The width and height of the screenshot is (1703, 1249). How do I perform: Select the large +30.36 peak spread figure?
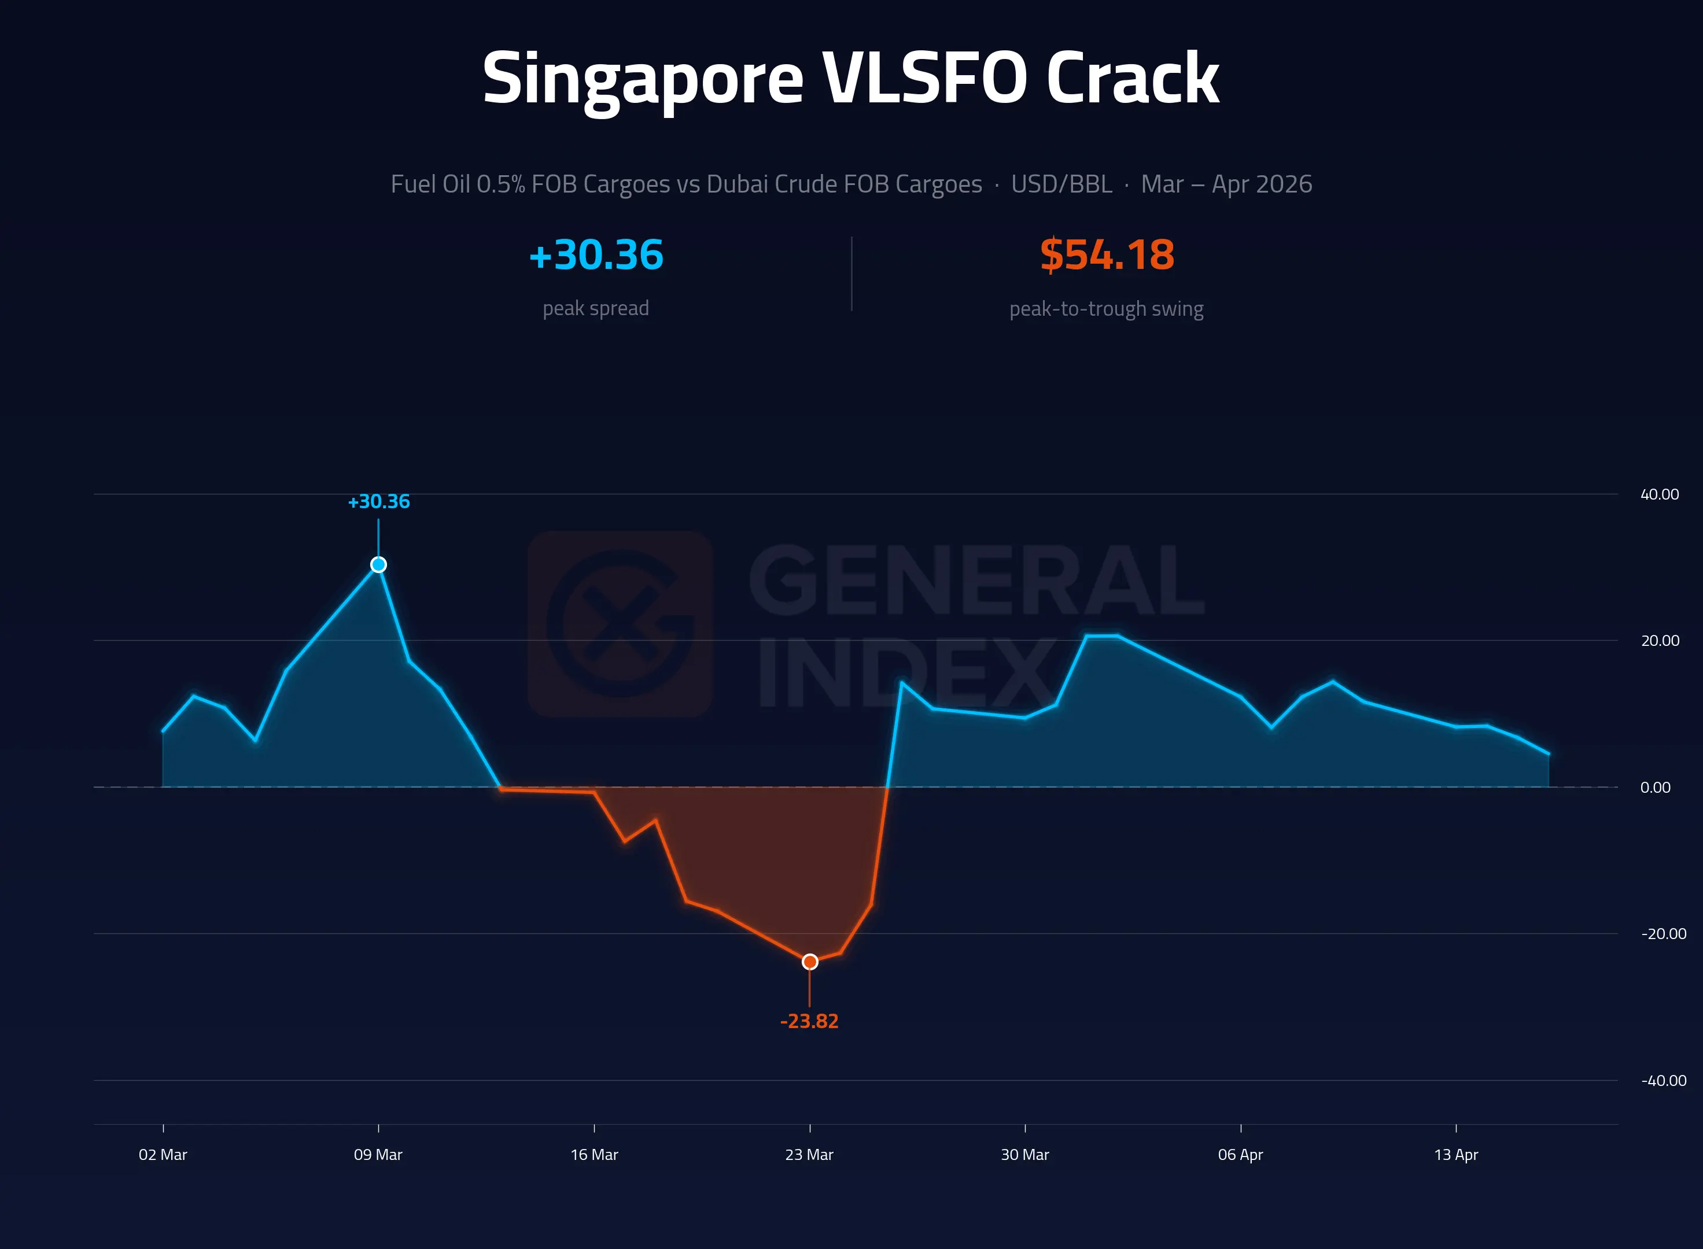point(596,255)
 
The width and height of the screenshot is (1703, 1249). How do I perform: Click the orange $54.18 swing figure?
point(1107,255)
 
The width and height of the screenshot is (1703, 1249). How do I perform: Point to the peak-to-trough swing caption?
point(1107,308)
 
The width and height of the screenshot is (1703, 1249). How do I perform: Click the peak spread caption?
point(596,308)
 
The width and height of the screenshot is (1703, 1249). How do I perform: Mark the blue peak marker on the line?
point(378,565)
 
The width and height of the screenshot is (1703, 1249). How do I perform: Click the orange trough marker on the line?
point(810,962)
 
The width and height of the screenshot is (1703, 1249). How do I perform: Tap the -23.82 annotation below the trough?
point(809,1021)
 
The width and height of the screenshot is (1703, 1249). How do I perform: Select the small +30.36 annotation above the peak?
point(378,501)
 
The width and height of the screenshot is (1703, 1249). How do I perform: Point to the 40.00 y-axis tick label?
point(1660,494)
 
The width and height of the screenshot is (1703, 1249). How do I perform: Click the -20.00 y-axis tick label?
point(1664,934)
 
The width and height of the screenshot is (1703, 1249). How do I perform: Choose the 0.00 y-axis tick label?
point(1656,788)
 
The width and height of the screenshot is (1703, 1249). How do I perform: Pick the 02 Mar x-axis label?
point(163,1155)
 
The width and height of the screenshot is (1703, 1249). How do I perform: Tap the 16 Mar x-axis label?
point(595,1155)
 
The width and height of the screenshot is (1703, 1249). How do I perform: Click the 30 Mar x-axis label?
point(1026,1155)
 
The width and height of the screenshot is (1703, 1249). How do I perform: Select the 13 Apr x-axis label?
point(1457,1155)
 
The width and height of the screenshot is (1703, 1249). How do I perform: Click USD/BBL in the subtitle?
point(1061,184)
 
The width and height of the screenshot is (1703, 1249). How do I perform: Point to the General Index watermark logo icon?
point(620,624)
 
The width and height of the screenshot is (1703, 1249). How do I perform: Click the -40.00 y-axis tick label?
point(1664,1080)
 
